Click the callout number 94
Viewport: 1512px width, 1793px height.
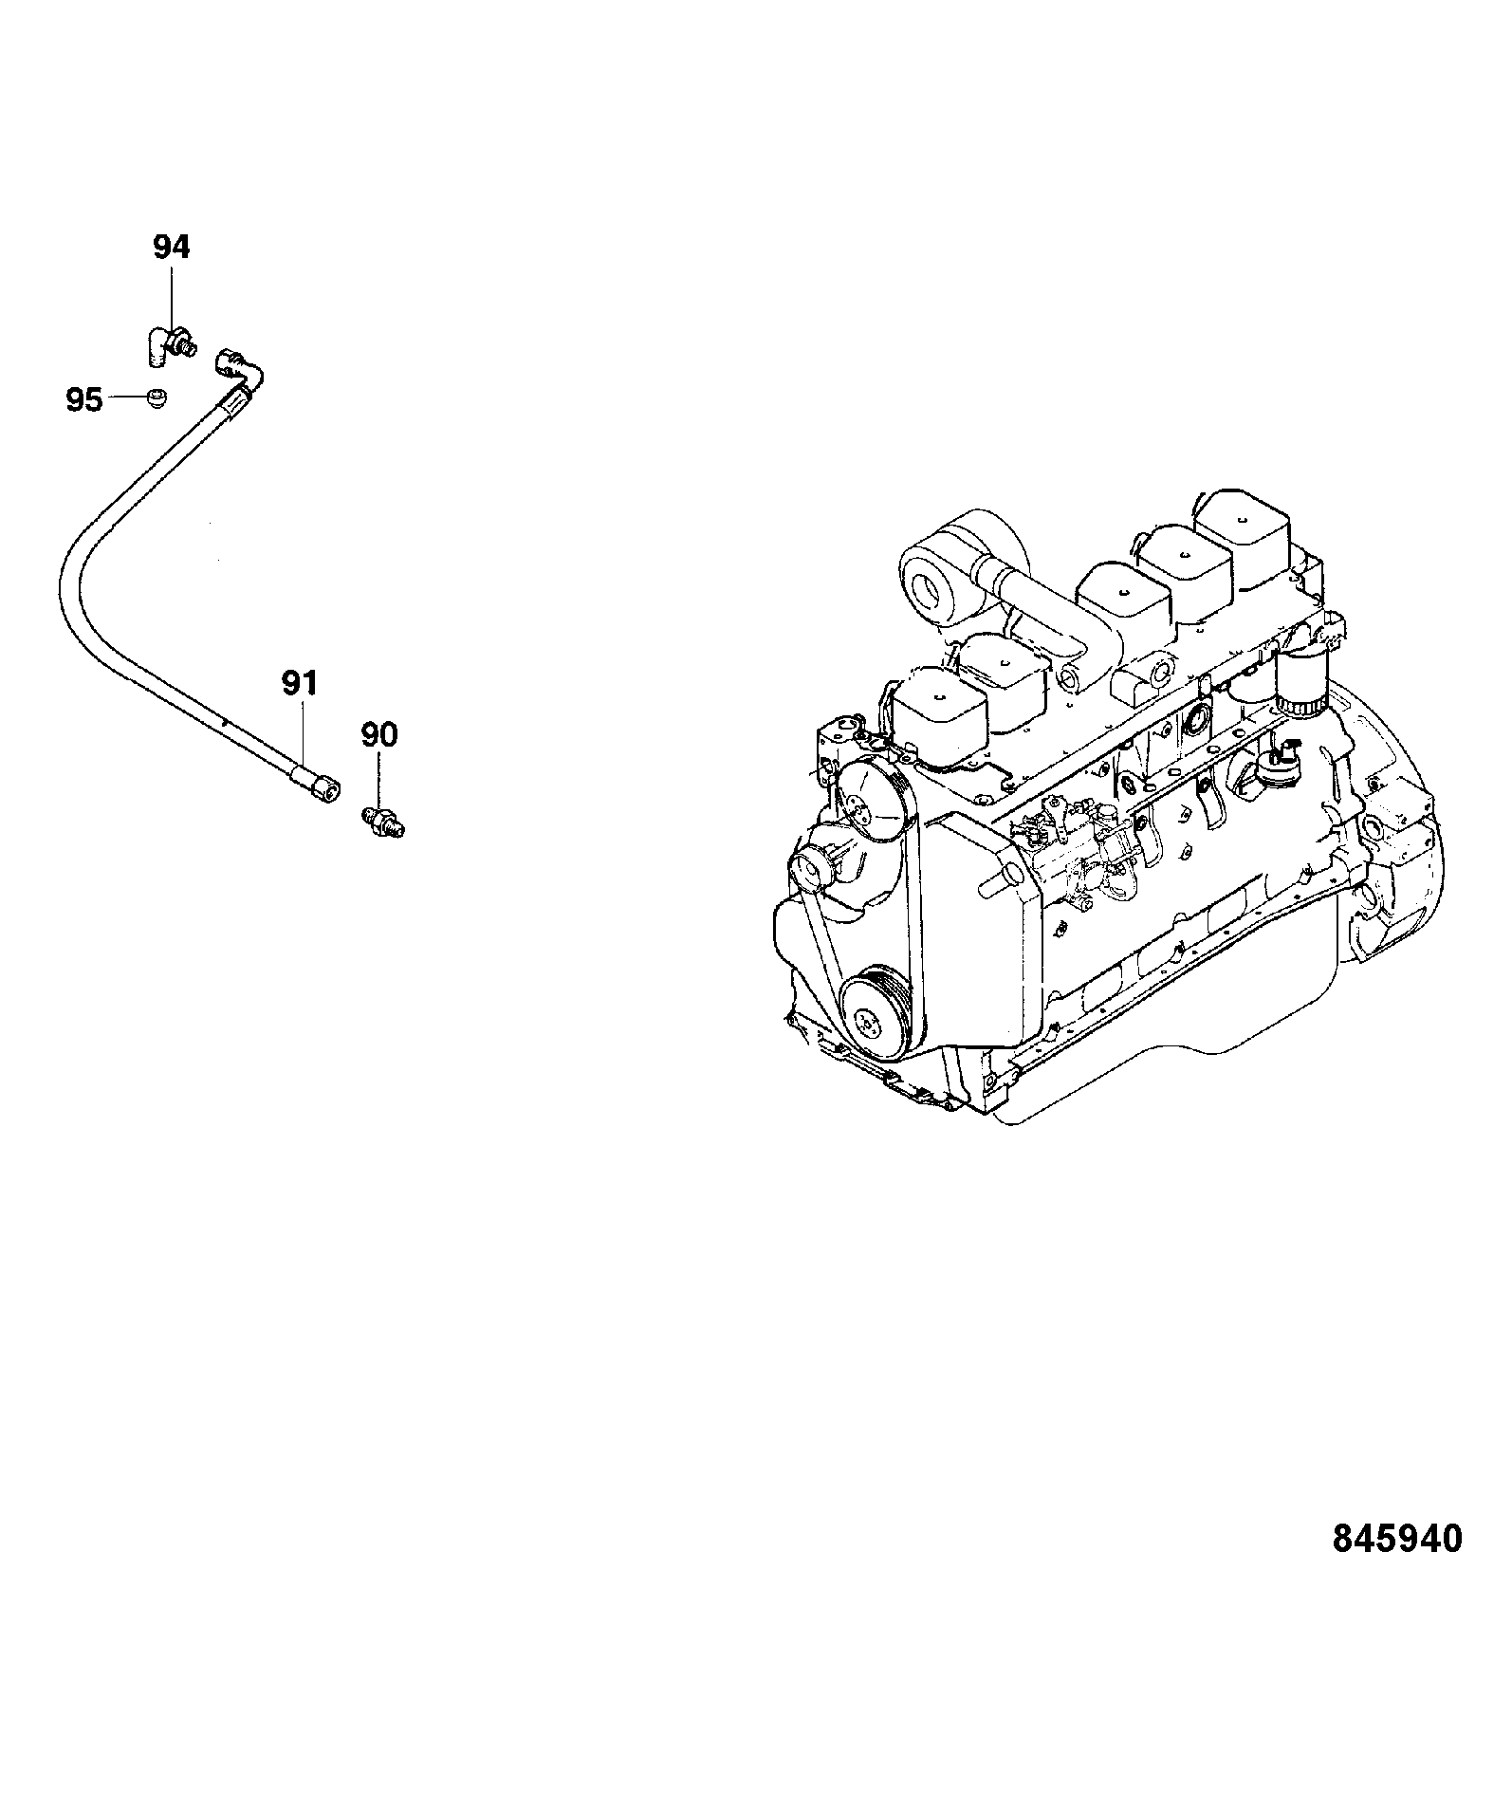[x=172, y=248]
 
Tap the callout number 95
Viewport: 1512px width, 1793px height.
[x=84, y=400]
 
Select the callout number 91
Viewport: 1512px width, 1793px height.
[x=300, y=683]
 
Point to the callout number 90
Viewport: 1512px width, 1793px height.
[x=379, y=734]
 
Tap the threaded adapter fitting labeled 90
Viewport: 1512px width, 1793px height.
[x=384, y=820]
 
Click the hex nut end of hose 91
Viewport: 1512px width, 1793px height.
[x=323, y=786]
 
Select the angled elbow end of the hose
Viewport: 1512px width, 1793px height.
[x=241, y=373]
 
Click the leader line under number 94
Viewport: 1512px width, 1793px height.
[x=172, y=300]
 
